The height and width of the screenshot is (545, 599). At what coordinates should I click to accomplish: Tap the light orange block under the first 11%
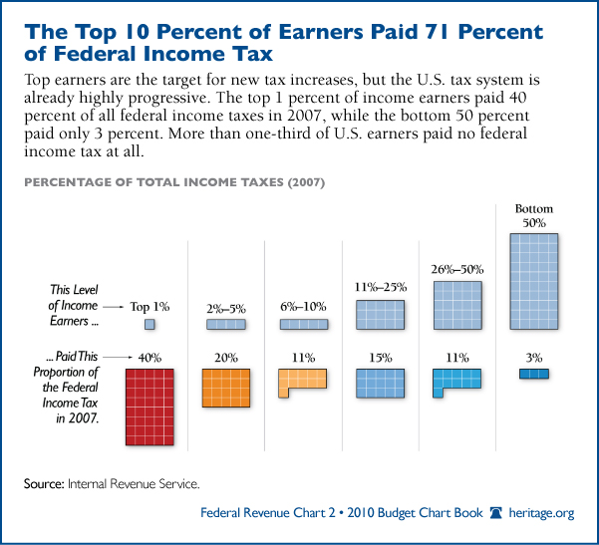click(301, 382)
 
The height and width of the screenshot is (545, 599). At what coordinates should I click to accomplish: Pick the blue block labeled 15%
click(380, 384)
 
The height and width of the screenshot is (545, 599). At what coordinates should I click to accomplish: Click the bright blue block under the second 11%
click(456, 381)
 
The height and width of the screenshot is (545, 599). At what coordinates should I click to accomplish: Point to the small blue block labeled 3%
click(533, 374)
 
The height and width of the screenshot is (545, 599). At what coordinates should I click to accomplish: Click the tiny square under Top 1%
click(150, 325)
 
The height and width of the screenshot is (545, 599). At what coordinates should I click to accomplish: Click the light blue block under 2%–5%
click(225, 325)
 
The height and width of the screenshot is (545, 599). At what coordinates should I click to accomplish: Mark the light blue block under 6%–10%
click(302, 325)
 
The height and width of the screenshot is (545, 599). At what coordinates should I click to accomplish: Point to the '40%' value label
click(150, 356)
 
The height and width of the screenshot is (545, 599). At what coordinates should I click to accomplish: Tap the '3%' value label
click(533, 356)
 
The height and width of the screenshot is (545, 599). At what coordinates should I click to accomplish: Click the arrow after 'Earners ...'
click(113, 308)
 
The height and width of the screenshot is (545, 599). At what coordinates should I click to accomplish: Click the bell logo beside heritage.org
click(495, 514)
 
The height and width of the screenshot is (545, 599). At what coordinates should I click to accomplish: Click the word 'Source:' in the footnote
click(43, 484)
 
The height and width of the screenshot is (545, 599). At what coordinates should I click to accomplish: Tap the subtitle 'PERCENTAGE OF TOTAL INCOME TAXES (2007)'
click(174, 183)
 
